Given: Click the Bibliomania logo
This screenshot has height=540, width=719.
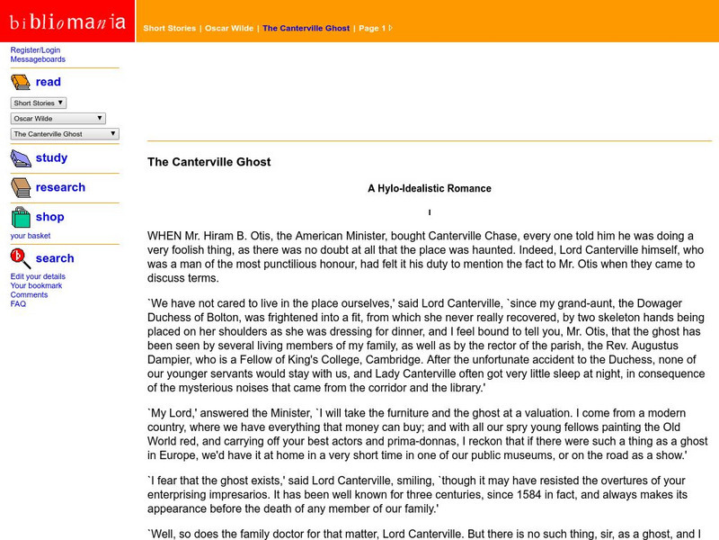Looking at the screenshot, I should coord(67,22).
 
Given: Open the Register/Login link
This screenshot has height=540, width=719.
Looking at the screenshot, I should coord(35,50).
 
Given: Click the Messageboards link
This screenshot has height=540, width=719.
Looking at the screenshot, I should coord(38,59).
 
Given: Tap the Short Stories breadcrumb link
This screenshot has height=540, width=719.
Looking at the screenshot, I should coord(169,28).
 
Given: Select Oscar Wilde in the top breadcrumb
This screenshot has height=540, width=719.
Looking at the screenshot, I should coord(228,28).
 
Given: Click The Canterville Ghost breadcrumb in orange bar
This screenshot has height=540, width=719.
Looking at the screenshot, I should coord(306,28).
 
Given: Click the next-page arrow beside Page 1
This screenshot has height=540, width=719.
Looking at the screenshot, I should coord(390,28).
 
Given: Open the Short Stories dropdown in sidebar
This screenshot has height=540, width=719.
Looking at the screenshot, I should coord(39,103).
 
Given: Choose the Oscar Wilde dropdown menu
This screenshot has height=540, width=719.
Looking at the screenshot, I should coord(58,118).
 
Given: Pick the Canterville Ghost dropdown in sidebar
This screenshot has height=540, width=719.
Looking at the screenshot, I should coord(65,133).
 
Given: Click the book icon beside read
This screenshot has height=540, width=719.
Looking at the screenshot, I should coord(21,83).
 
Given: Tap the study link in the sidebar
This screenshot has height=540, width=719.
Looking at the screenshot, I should coord(51,157).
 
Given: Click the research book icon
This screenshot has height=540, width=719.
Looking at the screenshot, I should coord(21,187).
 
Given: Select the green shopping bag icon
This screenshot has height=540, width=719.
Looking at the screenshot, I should coord(21,217).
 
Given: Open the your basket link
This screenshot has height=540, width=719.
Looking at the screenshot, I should coord(31,236).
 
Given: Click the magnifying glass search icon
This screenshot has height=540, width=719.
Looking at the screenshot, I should coord(21,258).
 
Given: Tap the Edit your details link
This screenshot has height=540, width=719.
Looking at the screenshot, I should coord(38,276).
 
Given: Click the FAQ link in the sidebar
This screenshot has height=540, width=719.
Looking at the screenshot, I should coord(18,303).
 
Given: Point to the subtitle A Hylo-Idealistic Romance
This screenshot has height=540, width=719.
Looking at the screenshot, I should coord(430,189).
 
